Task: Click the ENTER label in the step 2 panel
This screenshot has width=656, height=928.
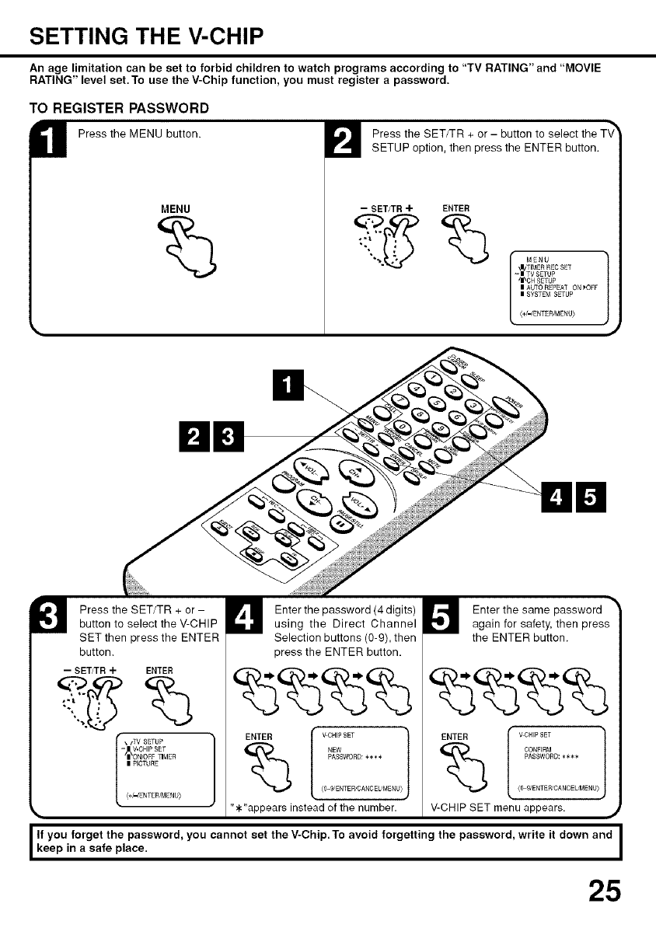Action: pyautogui.click(x=455, y=208)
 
